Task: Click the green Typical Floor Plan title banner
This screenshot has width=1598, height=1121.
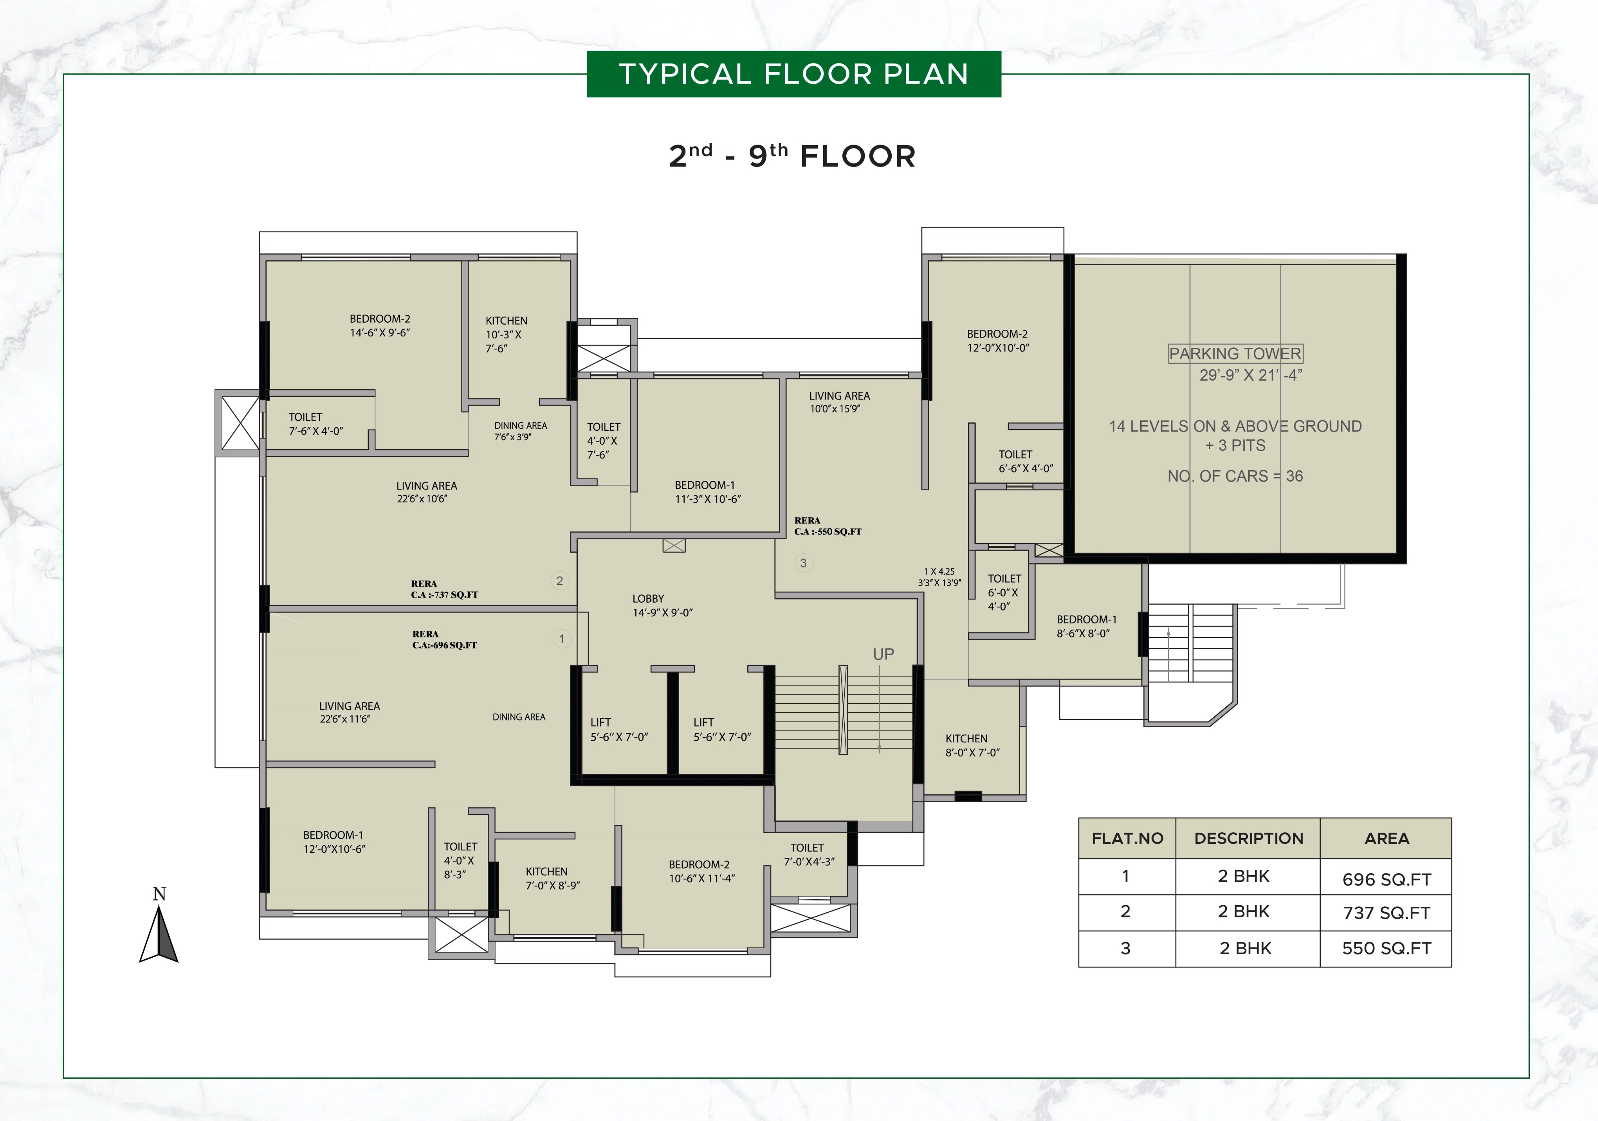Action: coord(793,74)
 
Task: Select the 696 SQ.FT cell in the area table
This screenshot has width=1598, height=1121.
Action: coord(1386,879)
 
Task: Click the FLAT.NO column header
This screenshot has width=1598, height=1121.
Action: coord(1127,838)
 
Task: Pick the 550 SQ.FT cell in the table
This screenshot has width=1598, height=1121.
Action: coord(1386,948)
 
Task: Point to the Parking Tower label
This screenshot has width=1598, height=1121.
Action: coord(1235,354)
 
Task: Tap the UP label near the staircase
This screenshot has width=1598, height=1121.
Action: coord(883,654)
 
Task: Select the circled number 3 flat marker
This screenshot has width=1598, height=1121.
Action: coord(803,562)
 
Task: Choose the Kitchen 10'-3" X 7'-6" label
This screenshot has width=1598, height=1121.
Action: coord(506,334)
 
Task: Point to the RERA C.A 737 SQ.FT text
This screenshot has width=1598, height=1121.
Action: coord(444,589)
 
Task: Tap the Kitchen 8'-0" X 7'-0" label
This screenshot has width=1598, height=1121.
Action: coord(972,745)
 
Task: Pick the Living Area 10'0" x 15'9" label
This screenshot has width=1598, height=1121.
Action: coord(839,402)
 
